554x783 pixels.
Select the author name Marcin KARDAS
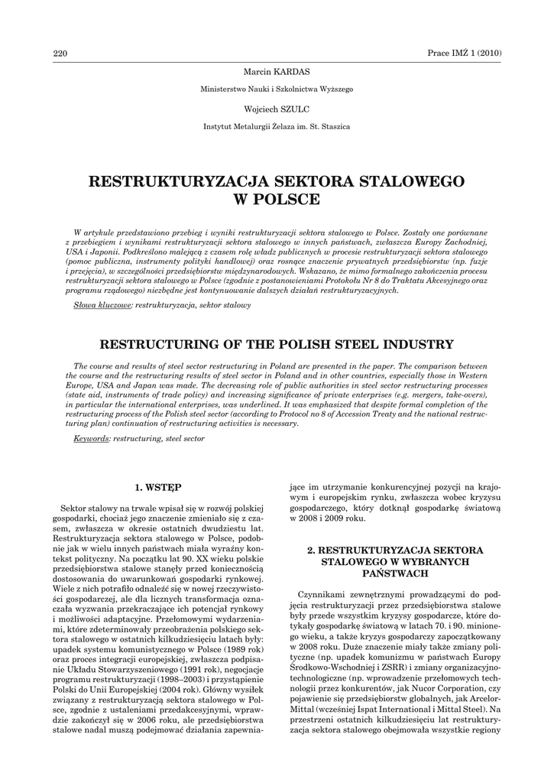point(276,71)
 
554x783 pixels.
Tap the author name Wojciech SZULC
point(276,109)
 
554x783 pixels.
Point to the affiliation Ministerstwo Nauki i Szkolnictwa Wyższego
point(276,89)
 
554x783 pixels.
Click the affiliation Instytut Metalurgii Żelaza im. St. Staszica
point(276,127)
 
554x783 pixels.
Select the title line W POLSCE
point(276,200)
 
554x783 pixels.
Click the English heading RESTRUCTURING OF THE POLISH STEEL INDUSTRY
point(276,344)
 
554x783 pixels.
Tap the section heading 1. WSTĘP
point(158,486)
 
